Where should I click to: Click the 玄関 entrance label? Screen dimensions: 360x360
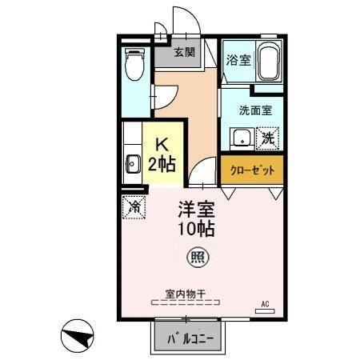tap(184, 53)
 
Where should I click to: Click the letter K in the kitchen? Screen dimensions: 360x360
tap(161, 145)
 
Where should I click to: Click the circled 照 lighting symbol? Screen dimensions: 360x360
tap(194, 258)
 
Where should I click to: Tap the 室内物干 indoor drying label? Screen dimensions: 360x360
tap(186, 293)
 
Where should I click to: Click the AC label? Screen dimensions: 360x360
tap(266, 303)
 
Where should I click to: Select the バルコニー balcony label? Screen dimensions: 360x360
tap(190, 338)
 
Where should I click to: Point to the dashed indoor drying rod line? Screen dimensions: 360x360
tap(186, 303)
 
